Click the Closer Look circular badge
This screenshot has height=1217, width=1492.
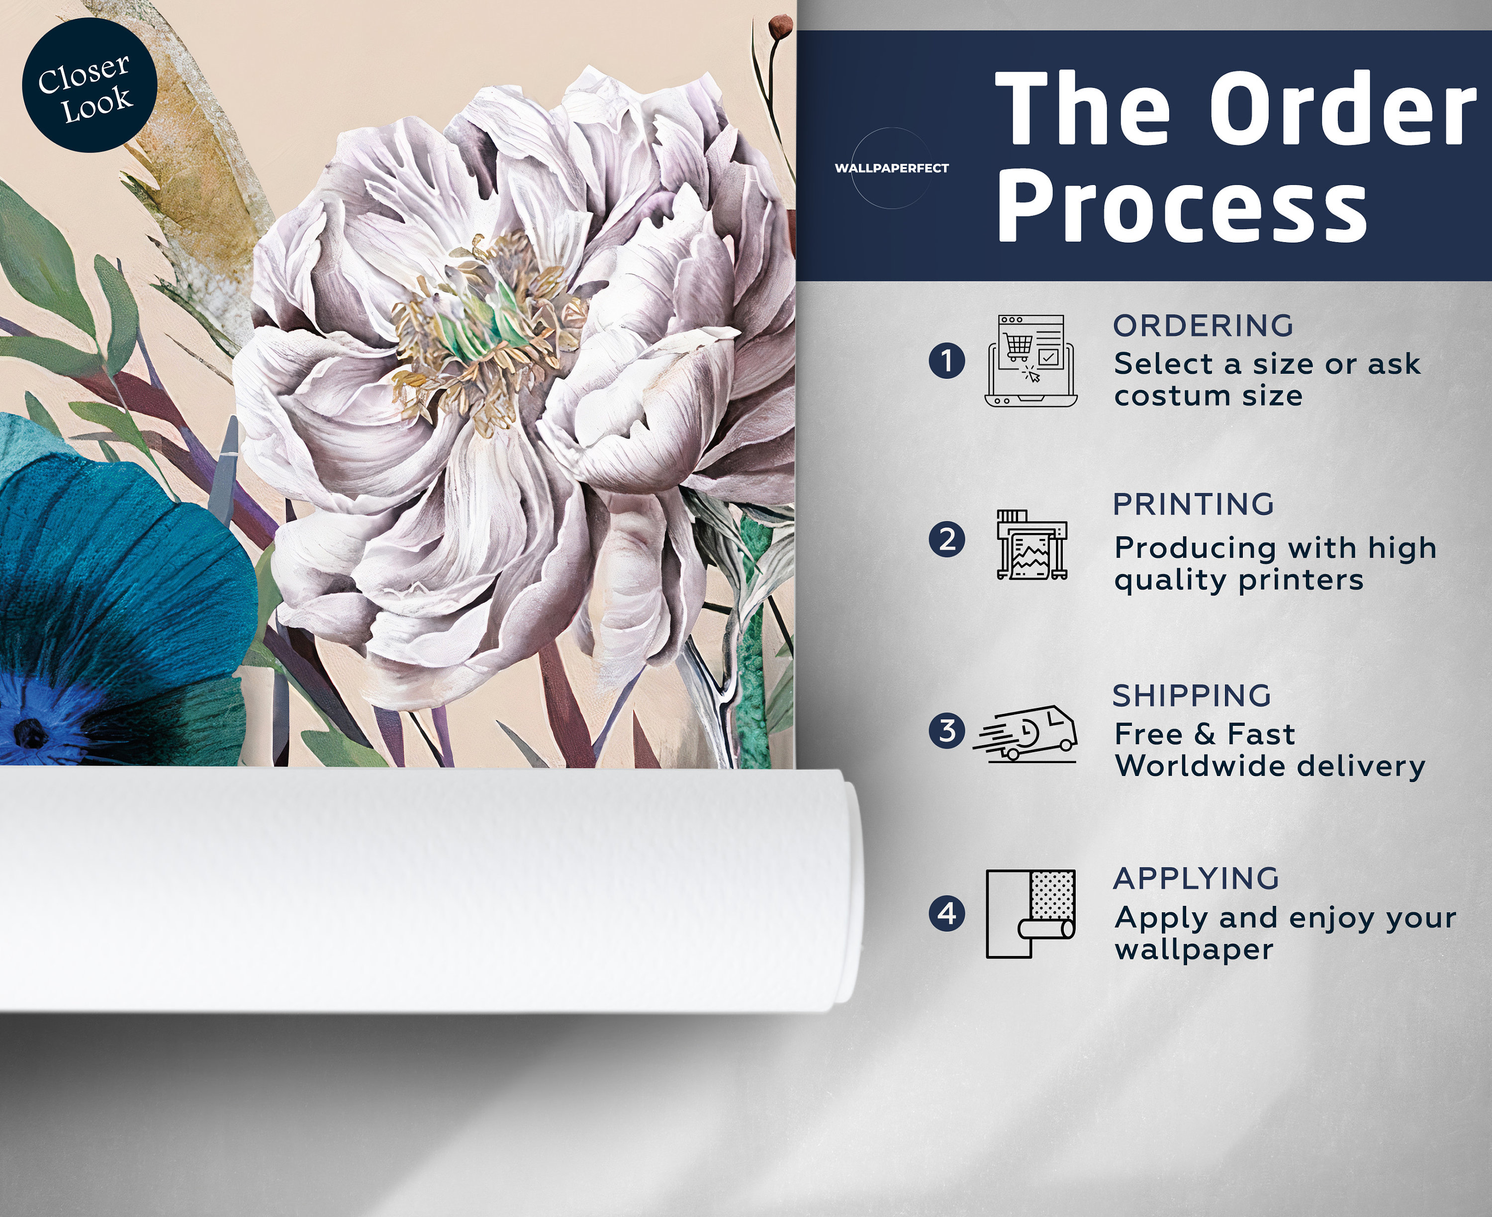coord(90,85)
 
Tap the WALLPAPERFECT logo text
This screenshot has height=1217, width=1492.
coord(891,168)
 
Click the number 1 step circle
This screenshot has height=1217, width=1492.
coord(946,361)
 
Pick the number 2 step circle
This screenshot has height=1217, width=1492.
coord(946,540)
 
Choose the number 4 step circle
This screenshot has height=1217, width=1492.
coord(946,913)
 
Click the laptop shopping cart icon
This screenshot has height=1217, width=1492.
coord(1030,360)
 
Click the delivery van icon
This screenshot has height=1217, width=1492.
coord(1025,733)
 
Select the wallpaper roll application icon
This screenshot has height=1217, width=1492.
coord(1030,913)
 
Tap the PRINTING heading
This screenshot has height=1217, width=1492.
coord(1193,504)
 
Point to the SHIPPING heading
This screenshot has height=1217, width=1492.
coord(1192,695)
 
